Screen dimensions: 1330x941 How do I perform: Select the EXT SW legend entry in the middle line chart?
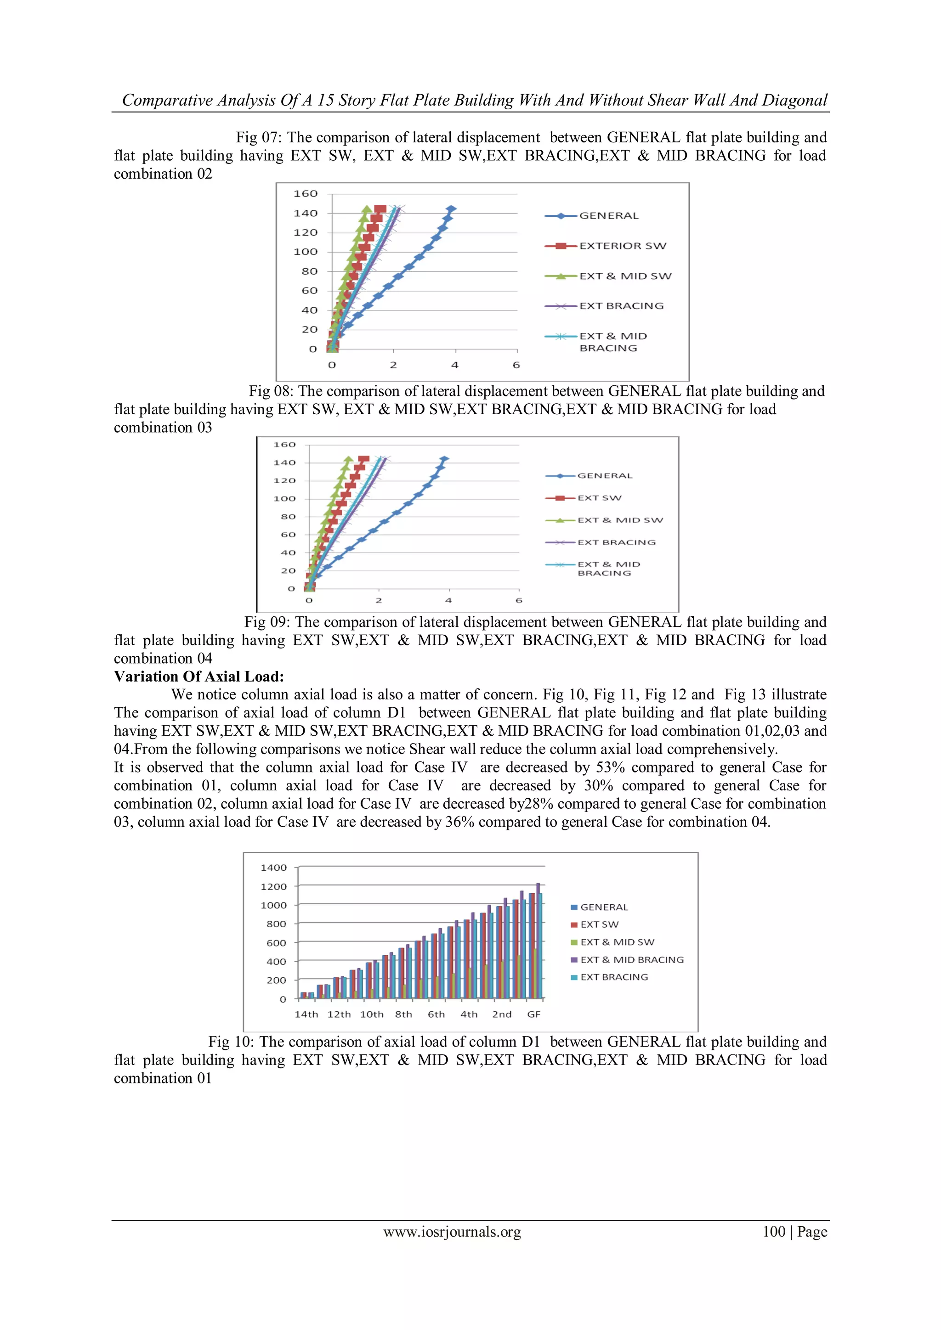599,497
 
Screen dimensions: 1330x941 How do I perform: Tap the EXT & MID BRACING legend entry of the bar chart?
632,960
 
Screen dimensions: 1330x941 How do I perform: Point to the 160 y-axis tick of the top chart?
306,193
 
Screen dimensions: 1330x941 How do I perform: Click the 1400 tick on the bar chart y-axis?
273,867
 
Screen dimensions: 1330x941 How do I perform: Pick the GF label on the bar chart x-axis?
533,1014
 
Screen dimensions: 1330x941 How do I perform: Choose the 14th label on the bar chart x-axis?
306,1014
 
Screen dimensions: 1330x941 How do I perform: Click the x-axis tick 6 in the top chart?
516,365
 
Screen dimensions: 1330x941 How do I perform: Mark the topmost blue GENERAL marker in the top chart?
451,209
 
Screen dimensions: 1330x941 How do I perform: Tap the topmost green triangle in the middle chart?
348,459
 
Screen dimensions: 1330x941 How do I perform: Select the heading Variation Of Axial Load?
199,676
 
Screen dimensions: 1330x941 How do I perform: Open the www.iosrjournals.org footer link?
452,1232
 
